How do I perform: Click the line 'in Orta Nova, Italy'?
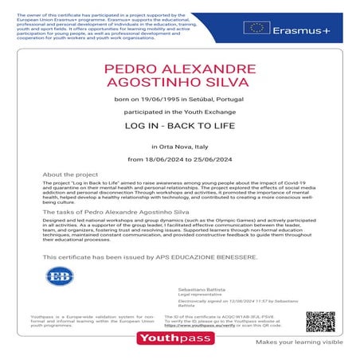point(180,147)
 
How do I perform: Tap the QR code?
point(319,321)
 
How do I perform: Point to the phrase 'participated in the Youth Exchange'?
point(180,110)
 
